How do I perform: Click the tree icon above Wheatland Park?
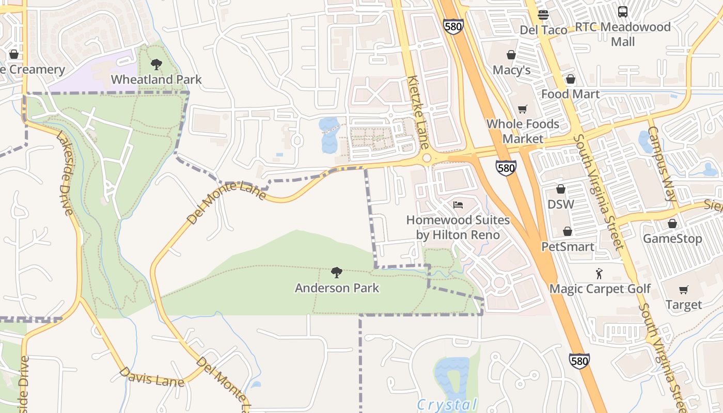(x=156, y=65)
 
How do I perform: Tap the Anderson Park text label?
(x=337, y=288)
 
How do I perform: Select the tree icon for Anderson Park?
(x=337, y=273)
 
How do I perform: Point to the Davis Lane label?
(x=152, y=377)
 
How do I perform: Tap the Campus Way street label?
(x=662, y=164)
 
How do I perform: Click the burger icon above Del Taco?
(x=543, y=14)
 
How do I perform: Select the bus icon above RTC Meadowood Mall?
(x=623, y=11)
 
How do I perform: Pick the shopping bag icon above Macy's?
(x=511, y=55)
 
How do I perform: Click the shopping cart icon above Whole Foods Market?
(x=523, y=109)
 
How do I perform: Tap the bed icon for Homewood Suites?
(x=458, y=205)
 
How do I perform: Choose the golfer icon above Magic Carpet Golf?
(x=600, y=273)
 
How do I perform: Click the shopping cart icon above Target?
(x=684, y=290)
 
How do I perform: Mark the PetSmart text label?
(x=568, y=247)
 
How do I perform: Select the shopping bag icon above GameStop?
(x=672, y=224)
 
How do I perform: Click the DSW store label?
(x=561, y=204)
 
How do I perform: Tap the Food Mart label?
(x=570, y=94)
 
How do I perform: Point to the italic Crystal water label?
(x=447, y=404)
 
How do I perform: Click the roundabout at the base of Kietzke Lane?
(x=427, y=158)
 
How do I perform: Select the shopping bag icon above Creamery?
(x=14, y=54)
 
